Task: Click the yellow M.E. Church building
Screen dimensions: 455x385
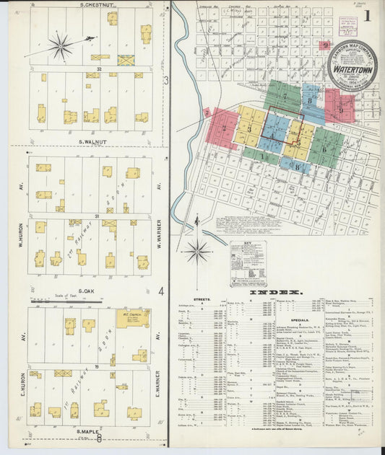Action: coord(133,318)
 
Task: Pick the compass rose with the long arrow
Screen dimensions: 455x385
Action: coord(61,46)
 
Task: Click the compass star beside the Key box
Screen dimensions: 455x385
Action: coord(197,251)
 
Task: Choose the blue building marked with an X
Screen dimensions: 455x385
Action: coord(126,60)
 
